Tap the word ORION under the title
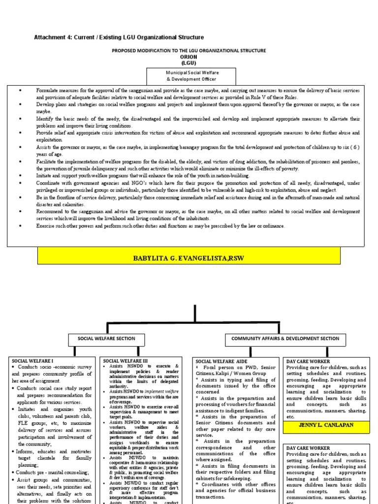pos(189,57)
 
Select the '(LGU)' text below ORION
pos(189,63)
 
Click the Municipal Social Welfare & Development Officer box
pos(191,76)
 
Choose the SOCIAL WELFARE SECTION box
pos(107,339)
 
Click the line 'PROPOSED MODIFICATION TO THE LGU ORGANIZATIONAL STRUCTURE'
pos(189,51)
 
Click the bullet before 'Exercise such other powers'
pos(20,226)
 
